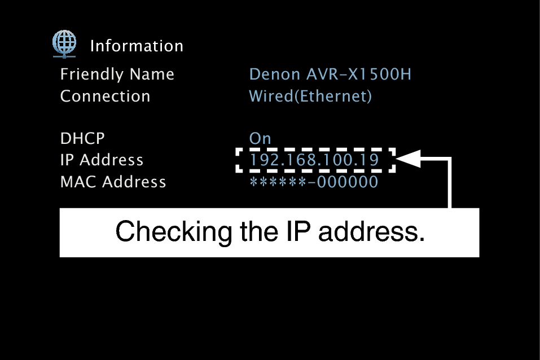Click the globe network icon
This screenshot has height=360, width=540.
(x=64, y=43)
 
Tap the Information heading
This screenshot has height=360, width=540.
(x=137, y=46)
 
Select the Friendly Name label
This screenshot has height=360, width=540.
(x=117, y=74)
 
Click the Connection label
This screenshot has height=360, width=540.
(x=105, y=96)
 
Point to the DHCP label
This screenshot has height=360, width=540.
(x=82, y=138)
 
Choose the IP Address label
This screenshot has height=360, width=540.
(x=102, y=160)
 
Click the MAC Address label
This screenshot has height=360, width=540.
(x=113, y=182)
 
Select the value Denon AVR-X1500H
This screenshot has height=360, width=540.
(x=330, y=74)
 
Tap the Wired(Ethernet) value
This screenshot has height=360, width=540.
(x=310, y=96)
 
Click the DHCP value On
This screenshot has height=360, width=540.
(x=260, y=138)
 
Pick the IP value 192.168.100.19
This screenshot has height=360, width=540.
(x=314, y=160)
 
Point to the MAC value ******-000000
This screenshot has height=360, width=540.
(x=314, y=182)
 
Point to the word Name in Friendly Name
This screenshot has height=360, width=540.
(x=152, y=74)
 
